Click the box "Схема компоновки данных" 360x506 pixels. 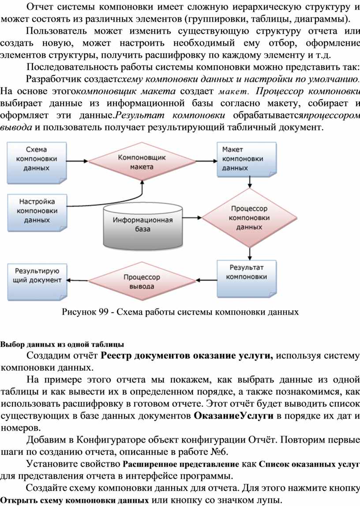(37, 163)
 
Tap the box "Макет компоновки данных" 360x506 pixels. (247, 159)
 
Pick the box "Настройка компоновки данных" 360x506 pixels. (37, 212)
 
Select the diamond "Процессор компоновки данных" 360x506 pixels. (249, 218)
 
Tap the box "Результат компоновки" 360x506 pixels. (247, 278)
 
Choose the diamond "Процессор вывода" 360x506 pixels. (142, 281)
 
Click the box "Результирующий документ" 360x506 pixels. (37, 281)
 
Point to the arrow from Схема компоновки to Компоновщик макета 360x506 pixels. (78, 161)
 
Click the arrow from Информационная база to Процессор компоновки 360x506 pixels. (192, 218)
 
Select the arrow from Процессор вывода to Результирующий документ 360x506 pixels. (78, 280)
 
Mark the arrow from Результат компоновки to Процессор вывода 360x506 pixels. (206, 280)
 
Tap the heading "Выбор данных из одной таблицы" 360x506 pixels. (62, 344)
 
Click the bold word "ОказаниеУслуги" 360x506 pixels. (233, 416)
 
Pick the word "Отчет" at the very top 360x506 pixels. (39, 7)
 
